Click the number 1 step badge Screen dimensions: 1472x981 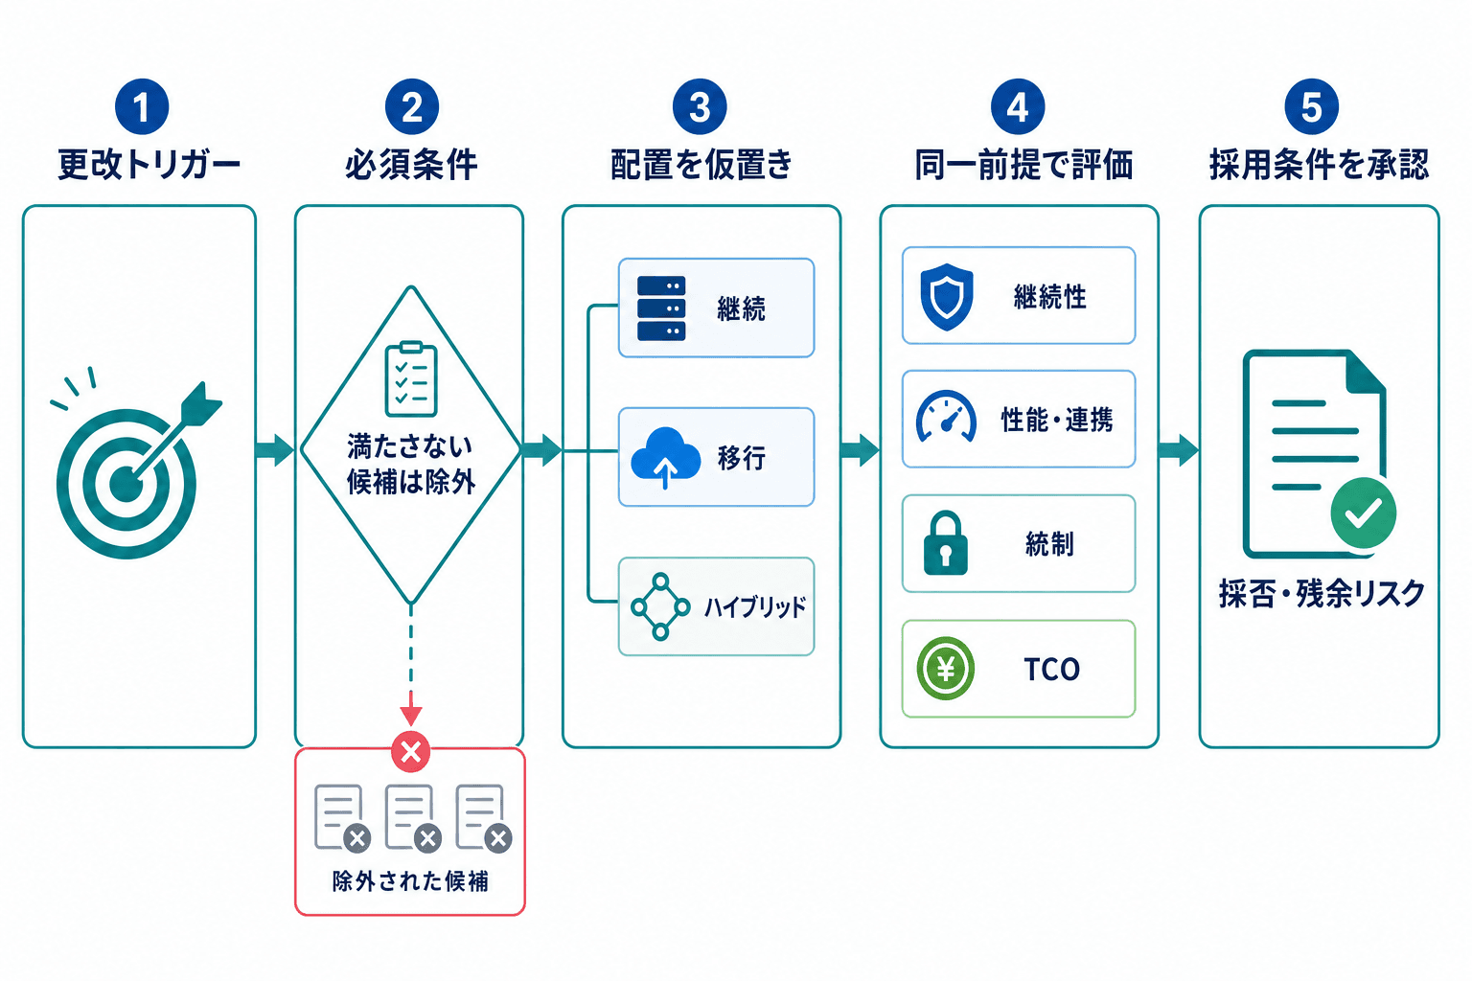point(142,106)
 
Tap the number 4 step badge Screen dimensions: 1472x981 point(1018,106)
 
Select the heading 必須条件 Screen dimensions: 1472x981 point(411,164)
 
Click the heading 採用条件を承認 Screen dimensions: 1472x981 point(1319,164)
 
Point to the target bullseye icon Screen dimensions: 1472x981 point(126,484)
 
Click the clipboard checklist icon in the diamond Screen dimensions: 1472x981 point(411,379)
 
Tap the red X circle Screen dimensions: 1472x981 point(411,751)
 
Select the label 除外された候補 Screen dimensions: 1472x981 point(410,881)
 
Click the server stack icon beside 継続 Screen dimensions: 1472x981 point(661,308)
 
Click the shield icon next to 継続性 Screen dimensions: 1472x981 point(946,296)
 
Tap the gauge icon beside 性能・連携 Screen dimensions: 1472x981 point(946,417)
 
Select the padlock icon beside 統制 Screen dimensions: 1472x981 point(946,543)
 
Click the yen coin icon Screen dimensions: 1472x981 point(946,669)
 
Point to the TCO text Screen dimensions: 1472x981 point(1051,670)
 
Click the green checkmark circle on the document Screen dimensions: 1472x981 point(1364,513)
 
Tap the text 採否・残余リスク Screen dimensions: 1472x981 point(1322,593)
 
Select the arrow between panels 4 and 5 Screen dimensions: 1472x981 point(1179,451)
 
